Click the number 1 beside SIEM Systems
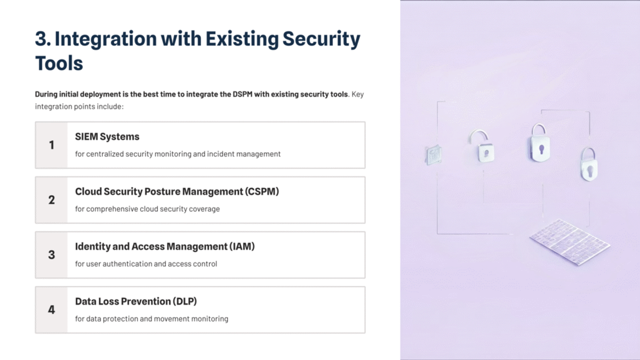51,145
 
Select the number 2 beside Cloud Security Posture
51,200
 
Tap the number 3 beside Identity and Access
51,255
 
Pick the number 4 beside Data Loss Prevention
51,310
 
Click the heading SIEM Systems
107,137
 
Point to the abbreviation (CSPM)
262,191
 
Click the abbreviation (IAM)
242,246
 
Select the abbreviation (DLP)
185,301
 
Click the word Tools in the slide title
59,63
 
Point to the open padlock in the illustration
482,146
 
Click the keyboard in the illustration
569,242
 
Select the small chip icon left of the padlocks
433,155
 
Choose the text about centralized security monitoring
178,154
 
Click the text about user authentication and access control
146,264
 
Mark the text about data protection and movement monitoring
151,319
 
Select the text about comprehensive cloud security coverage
147,209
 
